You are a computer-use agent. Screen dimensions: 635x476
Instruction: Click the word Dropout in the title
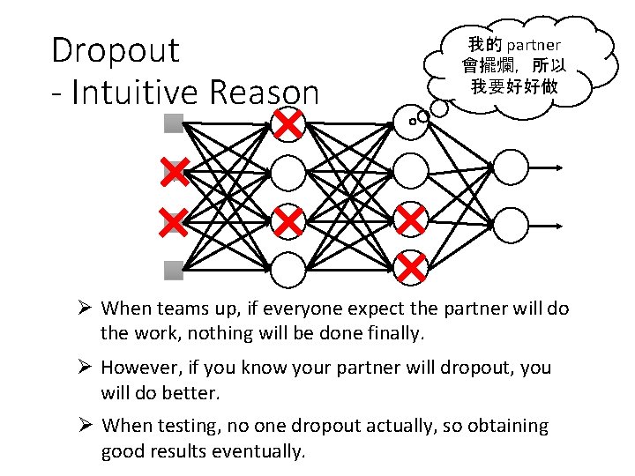click(115, 50)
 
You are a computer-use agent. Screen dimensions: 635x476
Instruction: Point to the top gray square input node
click(173, 123)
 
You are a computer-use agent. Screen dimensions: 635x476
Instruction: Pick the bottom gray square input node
click(173, 270)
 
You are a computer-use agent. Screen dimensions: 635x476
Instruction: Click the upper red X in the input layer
click(174, 172)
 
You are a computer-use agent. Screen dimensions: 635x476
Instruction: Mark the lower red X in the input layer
click(174, 221)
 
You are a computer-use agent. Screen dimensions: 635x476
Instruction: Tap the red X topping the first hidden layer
click(288, 124)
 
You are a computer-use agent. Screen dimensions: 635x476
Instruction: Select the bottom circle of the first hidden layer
click(288, 270)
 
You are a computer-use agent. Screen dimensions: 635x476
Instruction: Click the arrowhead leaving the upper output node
click(559, 167)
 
